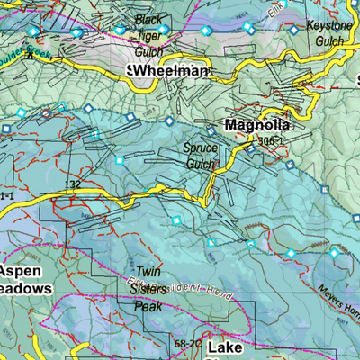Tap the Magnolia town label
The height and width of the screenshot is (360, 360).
[x=256, y=125]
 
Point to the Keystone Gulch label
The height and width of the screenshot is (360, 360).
[x=328, y=33]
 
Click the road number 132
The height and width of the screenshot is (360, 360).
[x=73, y=184]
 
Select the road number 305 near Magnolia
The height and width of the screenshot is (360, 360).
[x=265, y=140]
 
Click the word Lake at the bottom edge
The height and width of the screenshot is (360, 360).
[x=224, y=347]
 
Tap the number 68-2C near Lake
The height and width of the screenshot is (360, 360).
[x=184, y=343]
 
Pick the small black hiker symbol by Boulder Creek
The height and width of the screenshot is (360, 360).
[x=30, y=56]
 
